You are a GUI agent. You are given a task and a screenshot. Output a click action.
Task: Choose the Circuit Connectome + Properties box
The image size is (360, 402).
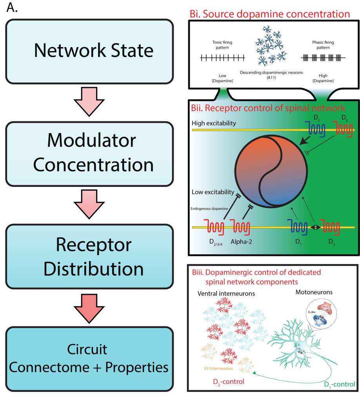(89, 358)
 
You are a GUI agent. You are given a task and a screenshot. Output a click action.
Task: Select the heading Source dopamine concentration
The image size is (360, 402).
(270, 15)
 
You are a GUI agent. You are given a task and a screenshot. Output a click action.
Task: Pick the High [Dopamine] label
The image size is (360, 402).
(324, 78)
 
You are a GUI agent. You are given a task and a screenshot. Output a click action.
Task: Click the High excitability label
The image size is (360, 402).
(214, 123)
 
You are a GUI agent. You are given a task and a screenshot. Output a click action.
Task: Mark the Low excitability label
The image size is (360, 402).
(213, 192)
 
